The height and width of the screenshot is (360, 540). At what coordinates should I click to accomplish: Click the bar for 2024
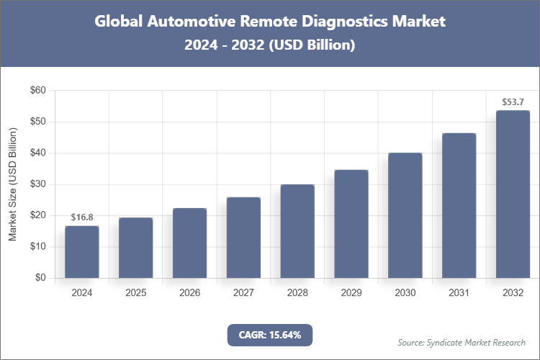(x=81, y=252)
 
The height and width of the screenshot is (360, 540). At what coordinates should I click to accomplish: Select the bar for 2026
(x=189, y=243)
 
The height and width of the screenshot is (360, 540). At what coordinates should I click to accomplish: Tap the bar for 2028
(x=297, y=231)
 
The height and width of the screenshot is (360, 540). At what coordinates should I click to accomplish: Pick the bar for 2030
(x=405, y=215)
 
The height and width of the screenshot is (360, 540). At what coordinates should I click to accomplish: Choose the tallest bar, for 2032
(x=513, y=194)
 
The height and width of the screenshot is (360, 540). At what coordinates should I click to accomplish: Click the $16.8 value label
(x=81, y=217)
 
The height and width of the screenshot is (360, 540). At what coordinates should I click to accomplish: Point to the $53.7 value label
(x=513, y=102)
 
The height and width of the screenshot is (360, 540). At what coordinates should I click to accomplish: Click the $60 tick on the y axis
(x=37, y=91)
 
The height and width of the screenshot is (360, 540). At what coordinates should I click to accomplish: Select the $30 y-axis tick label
(x=37, y=184)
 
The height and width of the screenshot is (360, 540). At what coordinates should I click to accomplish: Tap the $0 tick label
(x=40, y=278)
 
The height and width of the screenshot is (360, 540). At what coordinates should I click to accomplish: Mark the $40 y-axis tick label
(x=37, y=153)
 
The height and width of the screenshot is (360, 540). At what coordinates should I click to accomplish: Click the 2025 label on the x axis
(x=135, y=293)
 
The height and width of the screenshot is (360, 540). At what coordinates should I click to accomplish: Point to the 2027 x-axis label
(x=243, y=293)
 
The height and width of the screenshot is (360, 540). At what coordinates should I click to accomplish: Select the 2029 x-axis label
(x=351, y=293)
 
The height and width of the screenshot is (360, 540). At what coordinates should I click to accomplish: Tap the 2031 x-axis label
(x=459, y=293)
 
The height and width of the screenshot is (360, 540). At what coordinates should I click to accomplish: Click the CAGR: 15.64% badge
(x=270, y=335)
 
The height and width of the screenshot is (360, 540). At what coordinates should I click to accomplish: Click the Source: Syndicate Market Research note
(x=462, y=342)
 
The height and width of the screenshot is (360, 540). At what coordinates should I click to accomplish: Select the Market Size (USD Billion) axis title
(x=12, y=184)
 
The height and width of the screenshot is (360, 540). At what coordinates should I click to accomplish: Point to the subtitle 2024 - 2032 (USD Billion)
(x=270, y=45)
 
